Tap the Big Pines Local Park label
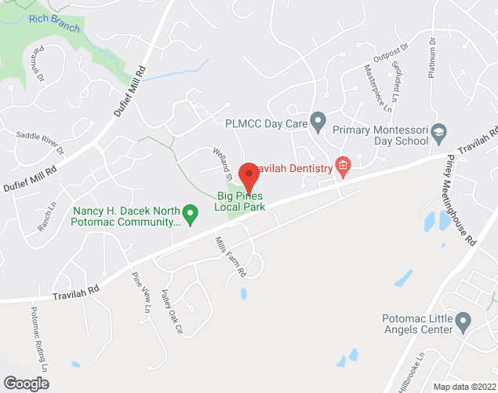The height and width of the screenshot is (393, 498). [240, 201]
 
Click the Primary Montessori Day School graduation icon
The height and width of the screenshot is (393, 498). [439, 130]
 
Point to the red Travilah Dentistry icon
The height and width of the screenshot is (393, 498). [342, 165]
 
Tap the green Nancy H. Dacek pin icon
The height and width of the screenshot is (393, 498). [189, 211]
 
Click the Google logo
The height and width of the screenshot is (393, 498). [25, 384]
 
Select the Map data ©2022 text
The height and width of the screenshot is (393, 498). [464, 387]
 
